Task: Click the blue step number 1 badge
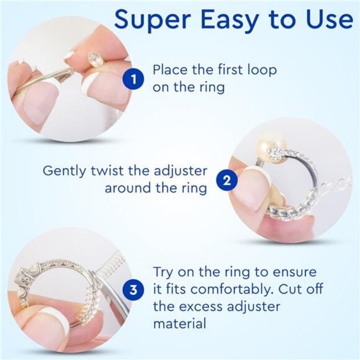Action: tap(132, 79)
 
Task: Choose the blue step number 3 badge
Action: tap(132, 289)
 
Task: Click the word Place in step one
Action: tap(171, 70)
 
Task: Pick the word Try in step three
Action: tap(164, 273)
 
